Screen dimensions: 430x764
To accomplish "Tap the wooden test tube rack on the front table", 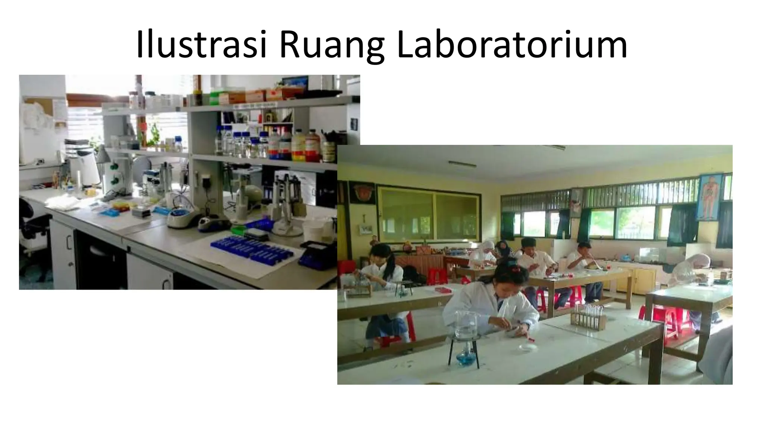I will point(589,318).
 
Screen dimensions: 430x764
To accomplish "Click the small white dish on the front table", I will point(528,348).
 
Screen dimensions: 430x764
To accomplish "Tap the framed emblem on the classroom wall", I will point(362,192).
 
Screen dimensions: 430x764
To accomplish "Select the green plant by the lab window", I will point(153,134).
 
